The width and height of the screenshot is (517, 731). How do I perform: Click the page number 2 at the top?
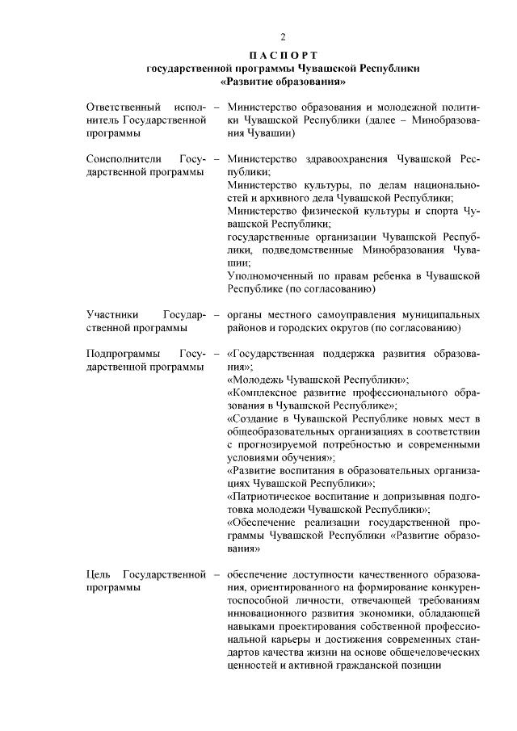[x=283, y=36]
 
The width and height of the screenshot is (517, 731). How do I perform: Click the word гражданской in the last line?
[x=379, y=666]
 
